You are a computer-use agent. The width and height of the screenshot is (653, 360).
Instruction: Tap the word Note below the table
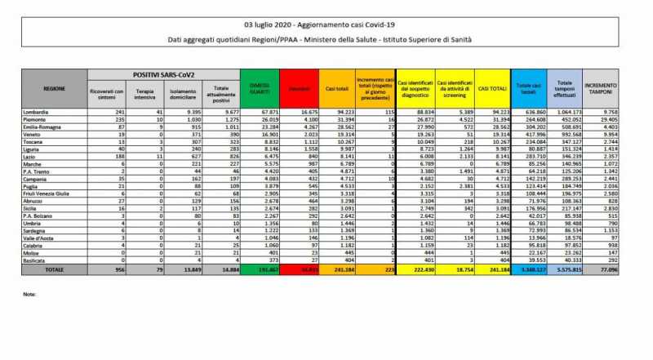click(x=30, y=293)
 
